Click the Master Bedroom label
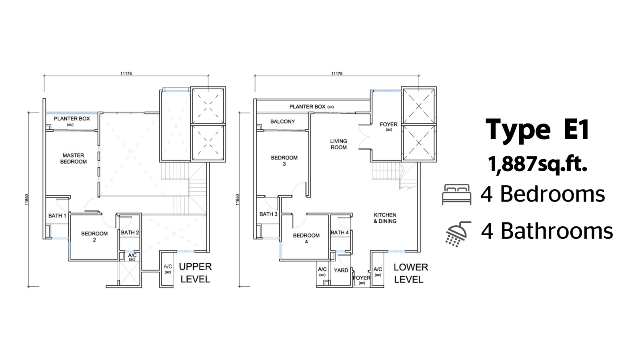pos(74,158)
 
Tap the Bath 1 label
pos(57,216)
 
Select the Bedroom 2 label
pos(94,236)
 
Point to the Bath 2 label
pos(130,232)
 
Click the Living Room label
pos(338,144)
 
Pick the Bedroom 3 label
pos(284,160)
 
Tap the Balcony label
pos(282,122)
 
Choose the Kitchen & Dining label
pos(385,218)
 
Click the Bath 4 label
pos(340,232)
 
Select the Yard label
pos(341,270)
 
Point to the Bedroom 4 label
pos(306,238)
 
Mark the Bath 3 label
pos(268,214)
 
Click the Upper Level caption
pos(196,273)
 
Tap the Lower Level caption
pos(410,274)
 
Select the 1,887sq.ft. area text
pos(538,164)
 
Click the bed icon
pos(456,194)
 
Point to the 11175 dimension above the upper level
pos(126,74)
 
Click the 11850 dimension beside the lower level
pos(237,200)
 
